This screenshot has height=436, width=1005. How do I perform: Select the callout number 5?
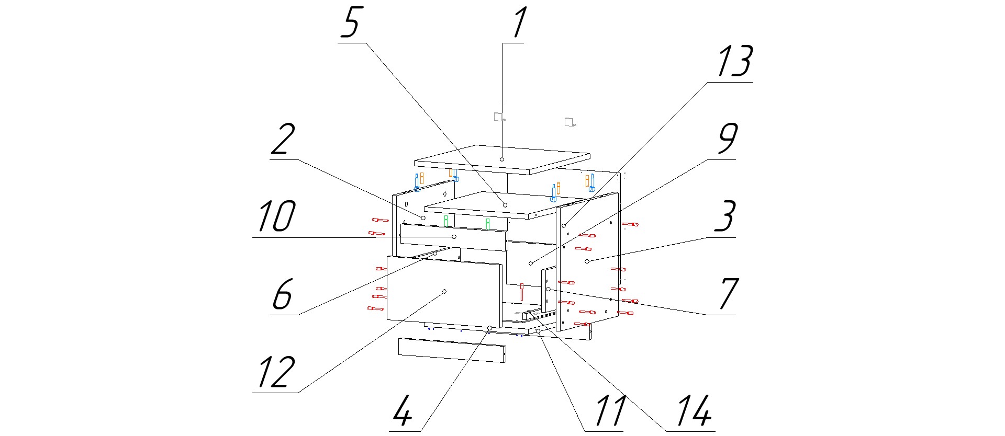point(352,24)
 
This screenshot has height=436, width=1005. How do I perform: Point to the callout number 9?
point(727,139)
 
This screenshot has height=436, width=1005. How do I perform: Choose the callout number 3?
point(725,216)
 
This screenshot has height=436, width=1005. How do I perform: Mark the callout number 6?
point(282,294)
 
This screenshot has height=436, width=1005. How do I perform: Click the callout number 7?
point(728,294)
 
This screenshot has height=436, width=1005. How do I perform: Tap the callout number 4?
point(403,411)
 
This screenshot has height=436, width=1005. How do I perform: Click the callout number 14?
point(694,411)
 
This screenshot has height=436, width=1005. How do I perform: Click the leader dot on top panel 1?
point(502,159)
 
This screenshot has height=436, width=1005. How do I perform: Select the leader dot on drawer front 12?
point(444,291)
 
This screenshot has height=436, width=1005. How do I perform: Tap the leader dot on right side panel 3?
point(587,260)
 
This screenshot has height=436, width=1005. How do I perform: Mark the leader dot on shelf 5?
point(505,204)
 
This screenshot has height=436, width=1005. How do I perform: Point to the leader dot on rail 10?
point(454,237)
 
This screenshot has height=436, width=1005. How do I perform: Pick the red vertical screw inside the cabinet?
point(521,291)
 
